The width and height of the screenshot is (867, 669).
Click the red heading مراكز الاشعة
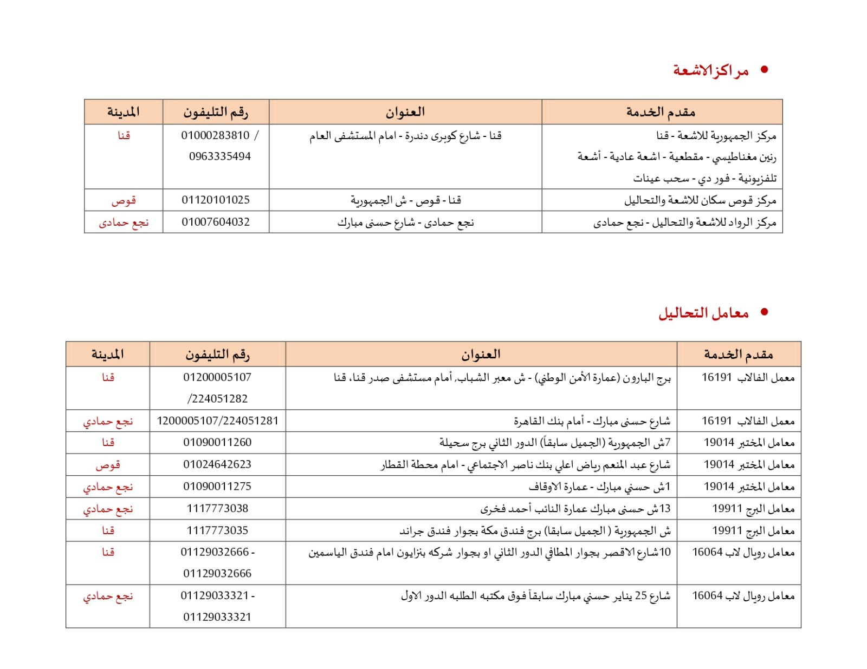[x=710, y=70]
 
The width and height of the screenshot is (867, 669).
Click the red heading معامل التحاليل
[x=703, y=313]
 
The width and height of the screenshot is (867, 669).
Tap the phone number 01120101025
[x=216, y=200]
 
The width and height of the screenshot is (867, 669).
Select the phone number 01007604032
[x=216, y=222]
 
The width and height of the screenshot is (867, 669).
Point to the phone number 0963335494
[x=219, y=156]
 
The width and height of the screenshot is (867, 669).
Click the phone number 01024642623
[x=217, y=464]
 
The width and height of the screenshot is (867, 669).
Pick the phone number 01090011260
[x=217, y=442]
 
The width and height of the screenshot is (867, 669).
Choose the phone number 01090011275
[x=217, y=487]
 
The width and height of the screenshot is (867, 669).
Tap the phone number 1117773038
[x=217, y=508]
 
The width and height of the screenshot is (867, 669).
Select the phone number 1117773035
[x=217, y=530]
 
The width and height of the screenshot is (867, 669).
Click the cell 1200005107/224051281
[x=217, y=421]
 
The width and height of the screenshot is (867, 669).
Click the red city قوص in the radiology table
[x=124, y=200]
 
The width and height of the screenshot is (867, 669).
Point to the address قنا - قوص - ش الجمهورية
[x=405, y=200]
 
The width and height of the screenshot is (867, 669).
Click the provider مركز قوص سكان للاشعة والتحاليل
[x=700, y=200]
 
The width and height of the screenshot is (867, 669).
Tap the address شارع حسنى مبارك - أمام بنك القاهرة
[x=592, y=421]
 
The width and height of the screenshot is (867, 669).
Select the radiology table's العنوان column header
[x=405, y=112]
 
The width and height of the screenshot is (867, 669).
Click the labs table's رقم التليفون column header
[x=217, y=355]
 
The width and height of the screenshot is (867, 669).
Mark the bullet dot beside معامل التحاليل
[x=765, y=312]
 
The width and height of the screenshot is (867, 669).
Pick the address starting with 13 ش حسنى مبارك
[x=575, y=509]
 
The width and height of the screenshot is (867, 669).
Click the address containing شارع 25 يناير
[x=535, y=596]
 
